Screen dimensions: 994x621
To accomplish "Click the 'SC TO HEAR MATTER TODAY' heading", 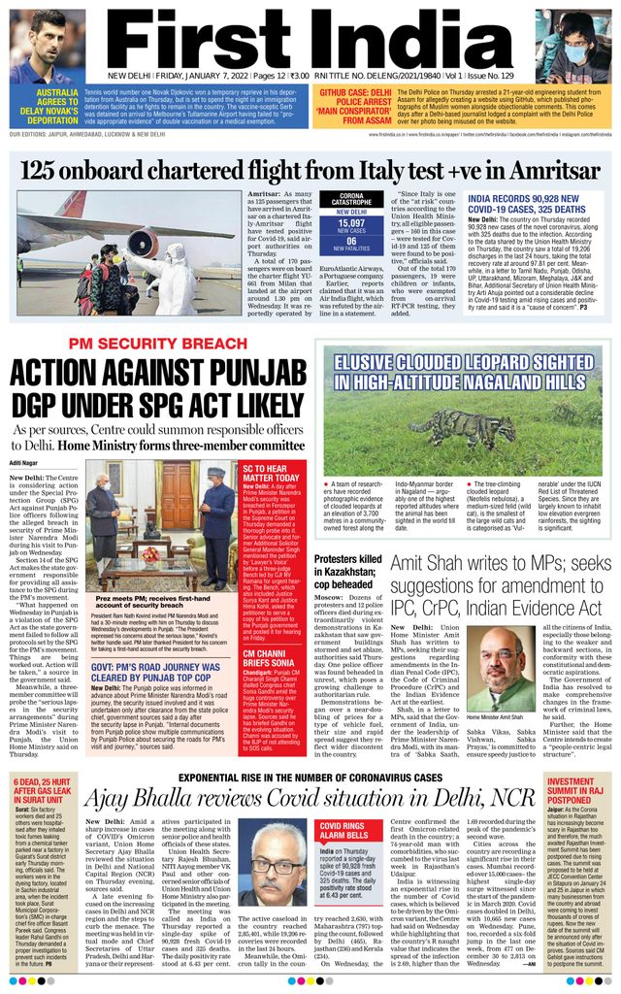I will (271, 473).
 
